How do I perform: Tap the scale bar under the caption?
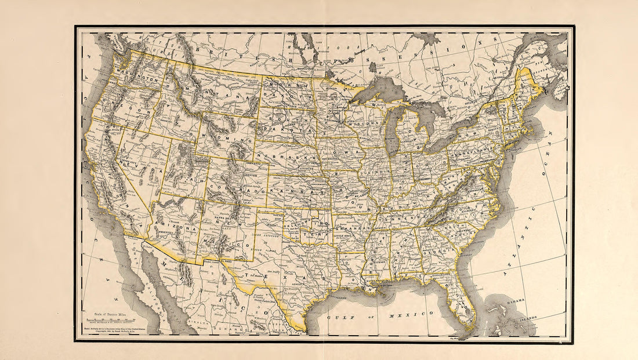point(110,320)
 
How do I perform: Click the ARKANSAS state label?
point(353,228)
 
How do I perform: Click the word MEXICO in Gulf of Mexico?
point(414,313)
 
